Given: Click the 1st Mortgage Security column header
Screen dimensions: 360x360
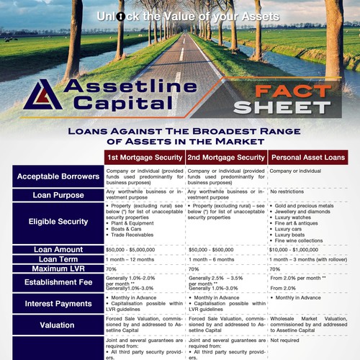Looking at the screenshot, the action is pos(143,157).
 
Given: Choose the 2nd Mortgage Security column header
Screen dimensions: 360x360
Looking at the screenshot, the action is pos(225,157).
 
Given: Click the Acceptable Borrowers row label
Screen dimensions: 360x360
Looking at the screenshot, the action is pos(58,177).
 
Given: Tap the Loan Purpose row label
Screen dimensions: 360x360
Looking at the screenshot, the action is pos(58,194).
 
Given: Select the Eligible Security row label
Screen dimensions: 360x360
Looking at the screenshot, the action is pos(58,222).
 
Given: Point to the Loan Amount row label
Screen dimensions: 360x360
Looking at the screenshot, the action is pos(58,249).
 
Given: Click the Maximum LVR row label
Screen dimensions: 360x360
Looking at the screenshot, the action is pos(58,269).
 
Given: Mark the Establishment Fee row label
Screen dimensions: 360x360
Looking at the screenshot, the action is pos(58,283).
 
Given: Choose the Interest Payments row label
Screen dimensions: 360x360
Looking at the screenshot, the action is pos(58,303).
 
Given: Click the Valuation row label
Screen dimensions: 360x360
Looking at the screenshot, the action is pos(58,325).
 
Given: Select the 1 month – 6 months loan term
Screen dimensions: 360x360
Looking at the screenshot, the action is pos(213,259).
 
